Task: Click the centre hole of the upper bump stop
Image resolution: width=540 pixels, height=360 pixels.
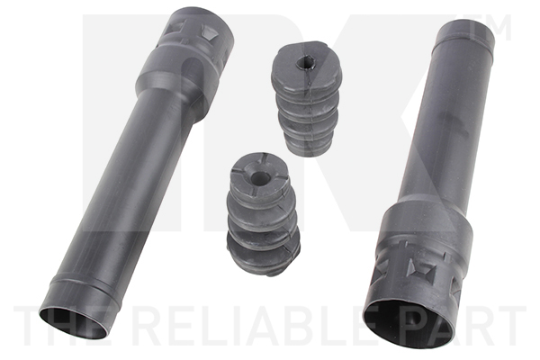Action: [305, 63]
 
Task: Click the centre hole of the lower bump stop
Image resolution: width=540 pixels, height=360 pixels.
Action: [260, 178]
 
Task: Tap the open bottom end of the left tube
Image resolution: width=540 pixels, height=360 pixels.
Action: [74, 323]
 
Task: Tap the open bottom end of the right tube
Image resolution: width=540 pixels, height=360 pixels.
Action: [409, 325]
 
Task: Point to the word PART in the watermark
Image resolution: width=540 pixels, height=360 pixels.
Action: [466, 327]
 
